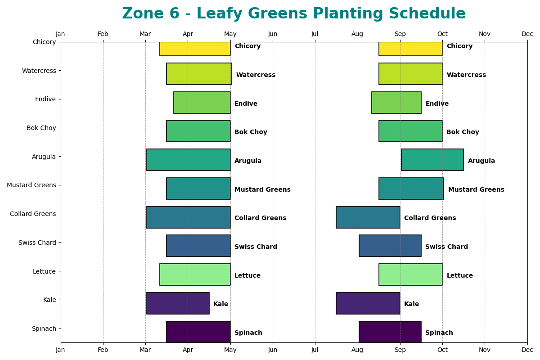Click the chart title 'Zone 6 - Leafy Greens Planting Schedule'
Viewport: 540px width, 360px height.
(x=293, y=14)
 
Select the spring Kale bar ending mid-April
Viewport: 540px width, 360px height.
(x=178, y=303)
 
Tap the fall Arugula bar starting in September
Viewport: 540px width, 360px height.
(x=432, y=160)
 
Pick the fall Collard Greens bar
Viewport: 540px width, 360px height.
(x=368, y=217)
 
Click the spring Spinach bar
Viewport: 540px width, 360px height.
(x=198, y=332)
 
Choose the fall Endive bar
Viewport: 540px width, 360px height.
(x=396, y=103)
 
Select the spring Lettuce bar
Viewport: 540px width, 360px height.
(x=195, y=274)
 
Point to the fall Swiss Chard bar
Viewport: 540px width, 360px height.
(x=390, y=246)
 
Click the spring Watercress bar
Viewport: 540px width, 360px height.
(x=199, y=74)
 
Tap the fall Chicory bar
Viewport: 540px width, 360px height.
(x=410, y=49)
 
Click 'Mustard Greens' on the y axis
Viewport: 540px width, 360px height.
(x=31, y=185)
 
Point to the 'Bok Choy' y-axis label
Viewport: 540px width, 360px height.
(x=41, y=128)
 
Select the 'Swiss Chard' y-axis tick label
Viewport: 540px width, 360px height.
(x=37, y=243)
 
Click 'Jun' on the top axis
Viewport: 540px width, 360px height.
(x=273, y=34)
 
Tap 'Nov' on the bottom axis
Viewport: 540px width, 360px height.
(x=485, y=349)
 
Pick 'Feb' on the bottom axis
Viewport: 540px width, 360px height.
(x=103, y=349)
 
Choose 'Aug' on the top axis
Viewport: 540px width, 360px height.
(x=357, y=34)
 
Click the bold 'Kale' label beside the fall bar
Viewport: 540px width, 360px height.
(x=411, y=304)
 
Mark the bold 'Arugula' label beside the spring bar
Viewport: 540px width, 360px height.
(x=247, y=161)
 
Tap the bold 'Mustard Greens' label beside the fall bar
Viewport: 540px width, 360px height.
(x=476, y=190)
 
